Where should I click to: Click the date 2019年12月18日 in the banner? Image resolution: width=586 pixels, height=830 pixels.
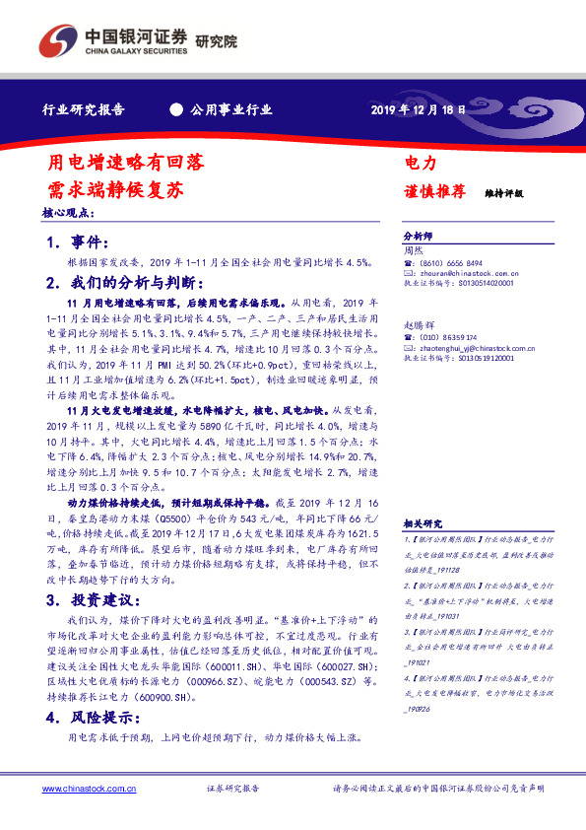click(418, 109)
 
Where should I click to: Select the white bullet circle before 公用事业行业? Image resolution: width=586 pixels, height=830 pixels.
click(176, 109)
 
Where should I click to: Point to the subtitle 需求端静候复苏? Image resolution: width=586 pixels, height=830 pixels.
click(116, 188)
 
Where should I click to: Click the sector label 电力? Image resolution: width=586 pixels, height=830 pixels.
click(421, 162)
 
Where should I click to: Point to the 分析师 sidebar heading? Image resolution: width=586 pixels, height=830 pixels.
click(418, 238)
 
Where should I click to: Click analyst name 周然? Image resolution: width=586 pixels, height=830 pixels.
click(414, 251)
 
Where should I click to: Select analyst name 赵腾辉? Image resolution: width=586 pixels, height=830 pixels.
click(419, 324)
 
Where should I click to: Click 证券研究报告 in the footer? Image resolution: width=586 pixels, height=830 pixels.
click(232, 788)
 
